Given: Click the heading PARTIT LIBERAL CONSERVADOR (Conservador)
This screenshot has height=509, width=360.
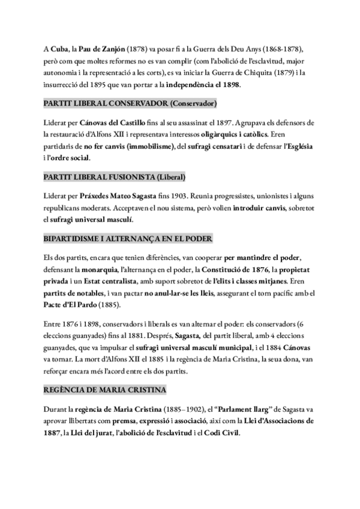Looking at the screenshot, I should [x=130, y=104].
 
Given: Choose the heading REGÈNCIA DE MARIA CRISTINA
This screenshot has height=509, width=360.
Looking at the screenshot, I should [x=105, y=390].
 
